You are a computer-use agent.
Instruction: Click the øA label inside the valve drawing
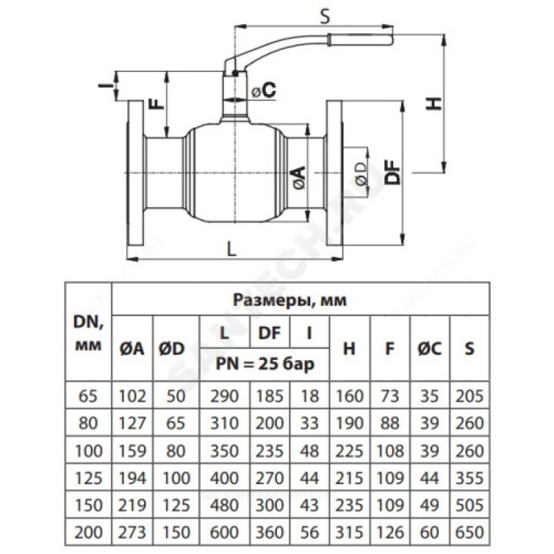coord(298,178)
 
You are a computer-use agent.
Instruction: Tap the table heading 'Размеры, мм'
coord(298,301)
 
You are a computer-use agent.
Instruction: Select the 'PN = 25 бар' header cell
coord(264,364)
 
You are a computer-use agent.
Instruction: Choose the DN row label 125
coord(87,477)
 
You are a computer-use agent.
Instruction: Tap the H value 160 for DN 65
coord(349,397)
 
